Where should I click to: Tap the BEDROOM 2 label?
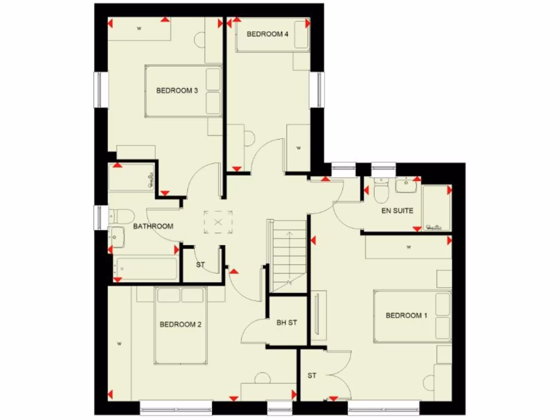180,325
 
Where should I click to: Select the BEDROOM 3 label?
177,91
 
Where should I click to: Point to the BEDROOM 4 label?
267,34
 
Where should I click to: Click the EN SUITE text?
397,211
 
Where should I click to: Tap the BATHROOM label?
153,226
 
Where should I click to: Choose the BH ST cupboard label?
287,323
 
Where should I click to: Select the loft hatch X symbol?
218,222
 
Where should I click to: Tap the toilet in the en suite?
381,190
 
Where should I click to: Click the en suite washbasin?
405,185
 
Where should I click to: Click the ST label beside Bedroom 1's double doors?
312,376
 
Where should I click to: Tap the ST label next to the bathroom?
200,265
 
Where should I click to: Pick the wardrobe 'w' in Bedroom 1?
409,247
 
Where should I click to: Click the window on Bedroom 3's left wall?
99,89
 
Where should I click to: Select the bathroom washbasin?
116,237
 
